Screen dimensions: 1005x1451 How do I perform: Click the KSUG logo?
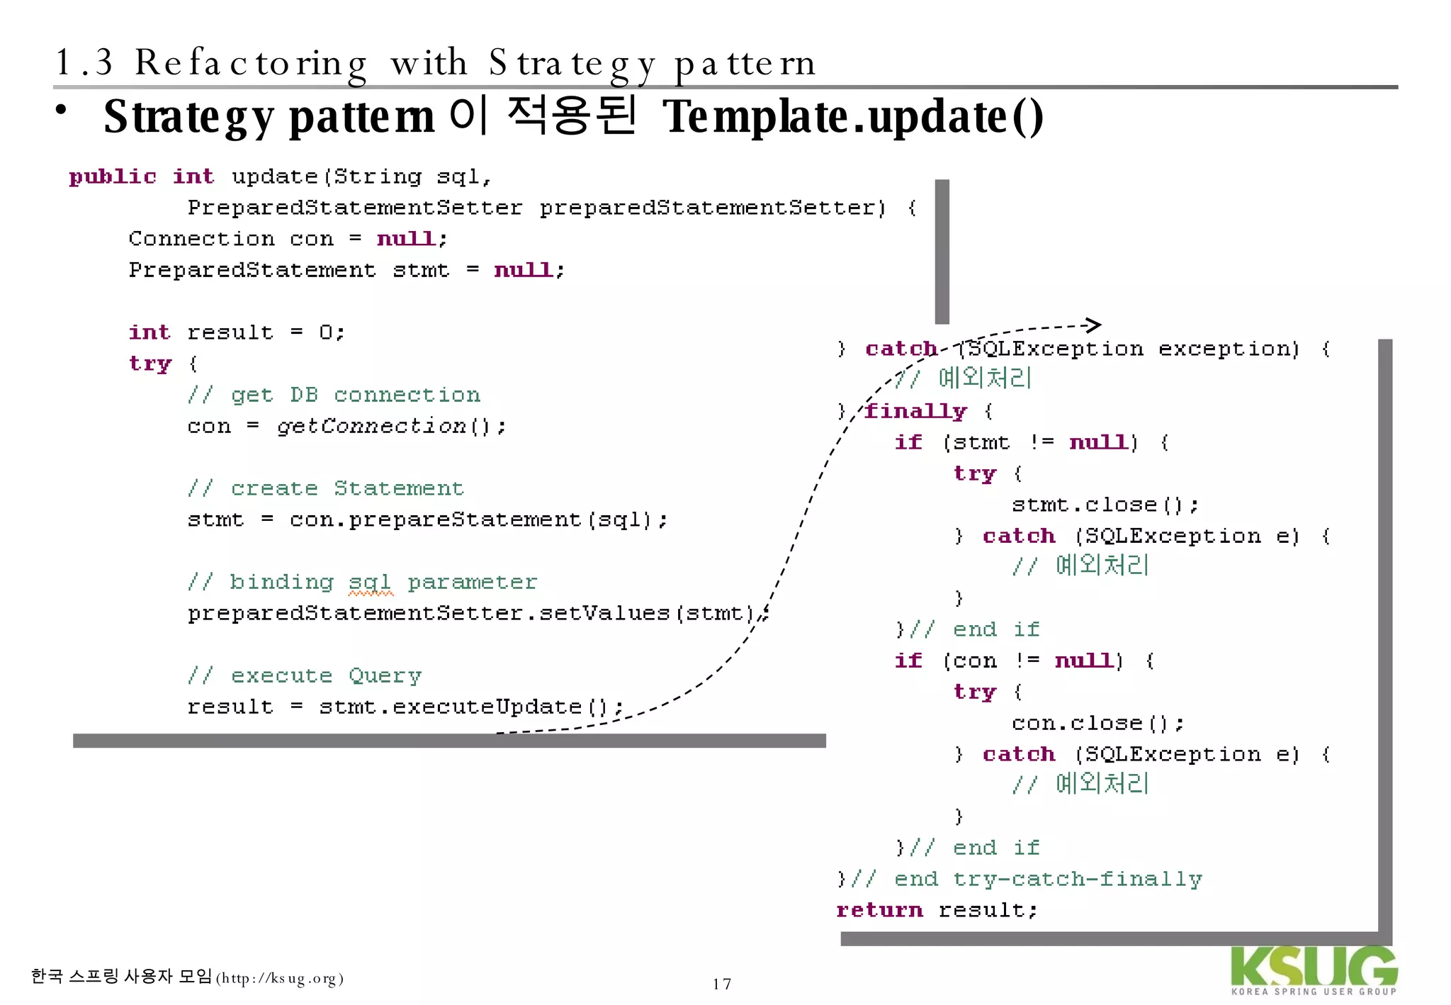[1314, 970]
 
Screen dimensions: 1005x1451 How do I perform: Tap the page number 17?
[721, 984]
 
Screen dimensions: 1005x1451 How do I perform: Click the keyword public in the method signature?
[113, 176]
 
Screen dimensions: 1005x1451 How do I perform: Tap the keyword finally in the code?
[915, 411]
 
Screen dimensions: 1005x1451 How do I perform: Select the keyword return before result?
[879, 910]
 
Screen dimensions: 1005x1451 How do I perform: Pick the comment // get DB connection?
[334, 395]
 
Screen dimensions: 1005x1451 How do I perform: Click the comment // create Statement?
[326, 488]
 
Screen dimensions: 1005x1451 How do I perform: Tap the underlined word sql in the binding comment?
[370, 583]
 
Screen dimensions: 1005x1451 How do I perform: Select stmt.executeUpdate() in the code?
[471, 707]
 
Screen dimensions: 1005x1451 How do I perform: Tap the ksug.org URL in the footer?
[280, 979]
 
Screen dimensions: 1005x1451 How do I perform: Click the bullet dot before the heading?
[62, 111]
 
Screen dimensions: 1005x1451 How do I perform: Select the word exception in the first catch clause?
[1229, 349]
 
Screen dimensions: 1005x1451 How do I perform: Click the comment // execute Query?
[305, 675]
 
